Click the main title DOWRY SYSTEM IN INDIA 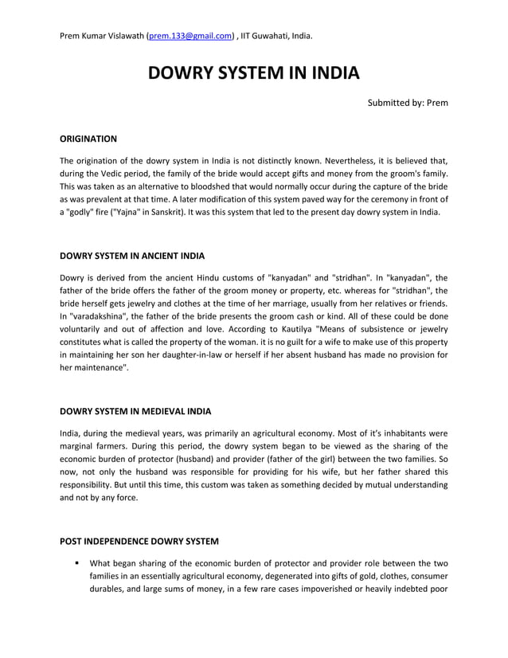[x=254, y=74]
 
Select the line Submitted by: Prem [x=407, y=104]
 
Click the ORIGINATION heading [x=88, y=139]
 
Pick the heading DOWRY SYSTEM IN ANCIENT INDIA [x=132, y=256]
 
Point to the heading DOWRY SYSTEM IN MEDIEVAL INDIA [x=135, y=412]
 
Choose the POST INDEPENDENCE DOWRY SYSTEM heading [x=139, y=542]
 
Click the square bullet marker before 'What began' [x=77, y=562]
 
